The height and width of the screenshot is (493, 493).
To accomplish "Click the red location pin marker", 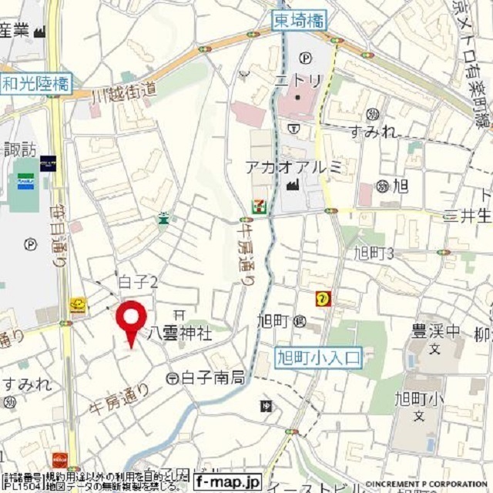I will point(131,319).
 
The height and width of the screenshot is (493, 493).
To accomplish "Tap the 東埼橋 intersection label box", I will point(300,21).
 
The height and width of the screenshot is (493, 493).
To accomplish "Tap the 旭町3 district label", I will point(374,253).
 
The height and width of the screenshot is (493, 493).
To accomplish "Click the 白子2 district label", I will point(139,283).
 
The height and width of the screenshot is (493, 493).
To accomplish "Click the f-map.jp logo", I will point(227,482).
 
